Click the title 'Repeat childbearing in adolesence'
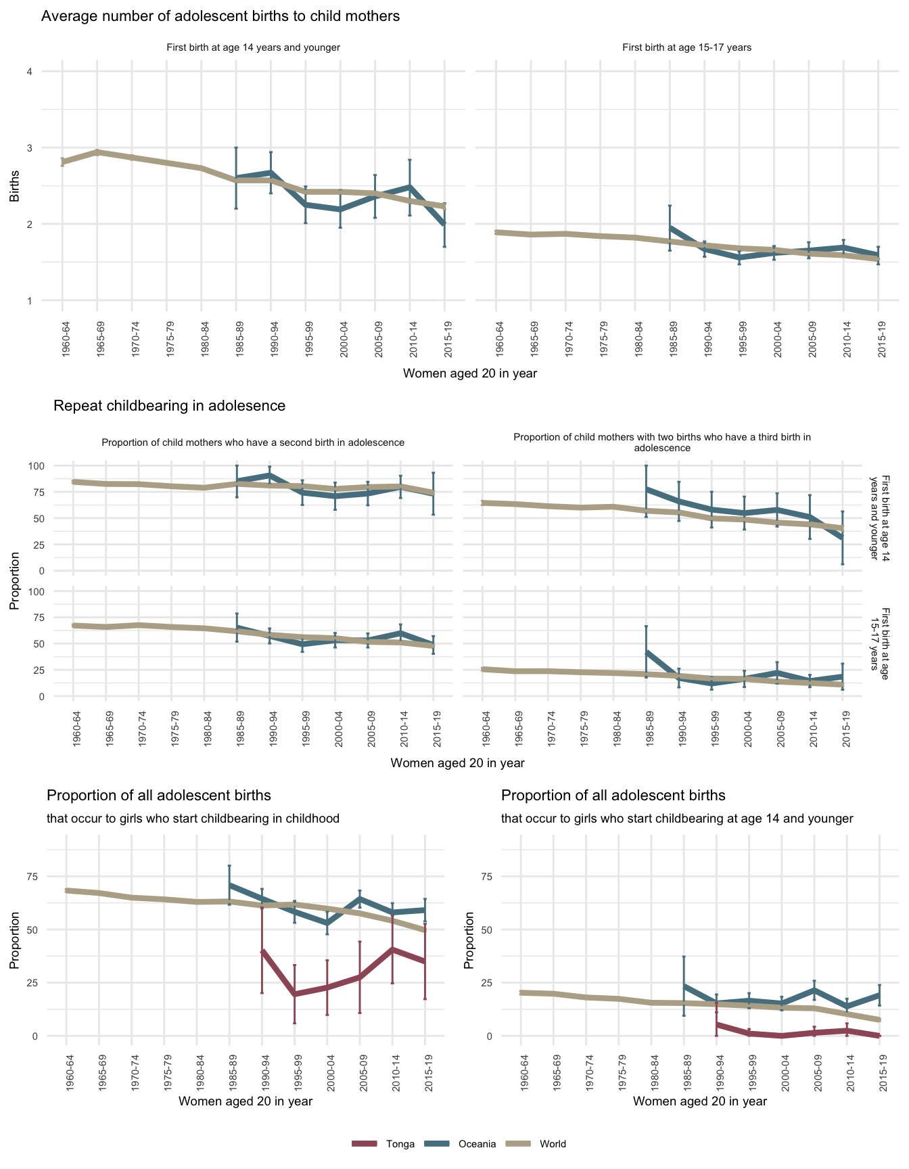coord(169,406)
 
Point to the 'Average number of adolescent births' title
coord(220,16)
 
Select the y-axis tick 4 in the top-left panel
coord(29,71)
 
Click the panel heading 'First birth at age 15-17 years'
coord(686,47)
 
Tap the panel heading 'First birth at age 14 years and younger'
coord(253,47)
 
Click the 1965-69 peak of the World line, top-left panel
coord(97,152)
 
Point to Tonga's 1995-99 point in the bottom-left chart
coord(294,994)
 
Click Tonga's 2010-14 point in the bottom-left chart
coord(392,950)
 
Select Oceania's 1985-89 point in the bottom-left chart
coord(230,885)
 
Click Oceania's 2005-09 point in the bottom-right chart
coord(814,990)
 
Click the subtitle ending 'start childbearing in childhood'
coord(193,819)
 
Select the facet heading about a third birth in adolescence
coord(661,442)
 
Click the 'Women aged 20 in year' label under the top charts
coord(469,373)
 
